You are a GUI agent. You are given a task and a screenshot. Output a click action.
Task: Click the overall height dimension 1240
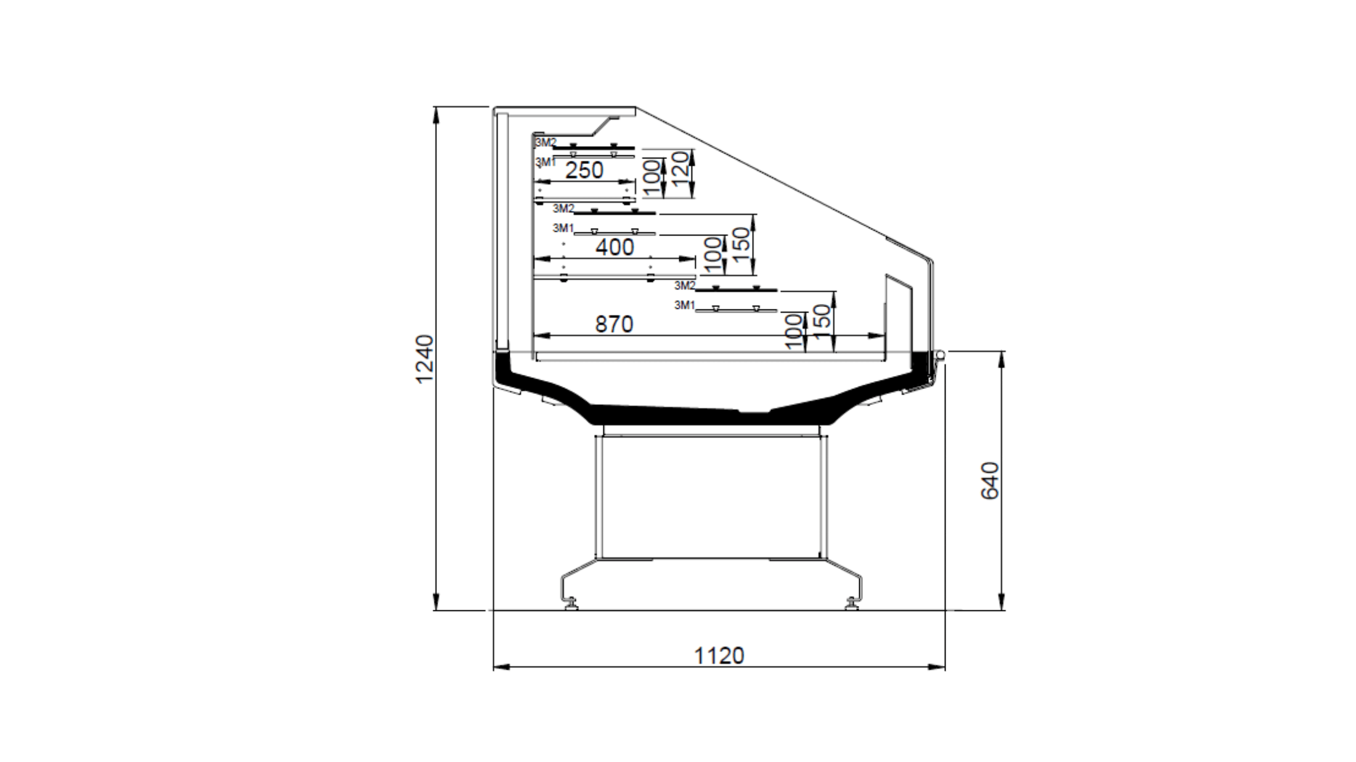tap(425, 359)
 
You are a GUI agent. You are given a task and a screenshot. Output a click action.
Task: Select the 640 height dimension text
tap(989, 480)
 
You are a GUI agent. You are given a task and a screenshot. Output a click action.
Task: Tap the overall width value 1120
tap(719, 655)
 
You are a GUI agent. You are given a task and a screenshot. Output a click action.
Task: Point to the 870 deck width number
tap(614, 324)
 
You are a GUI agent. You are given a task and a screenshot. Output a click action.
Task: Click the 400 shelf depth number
tap(615, 247)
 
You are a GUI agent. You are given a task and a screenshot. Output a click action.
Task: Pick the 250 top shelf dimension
tap(584, 170)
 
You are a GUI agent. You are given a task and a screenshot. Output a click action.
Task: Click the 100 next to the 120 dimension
tap(652, 178)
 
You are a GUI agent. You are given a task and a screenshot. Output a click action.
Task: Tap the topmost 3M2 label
tap(545, 142)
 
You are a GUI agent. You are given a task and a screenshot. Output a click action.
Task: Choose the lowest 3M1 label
tap(685, 305)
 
